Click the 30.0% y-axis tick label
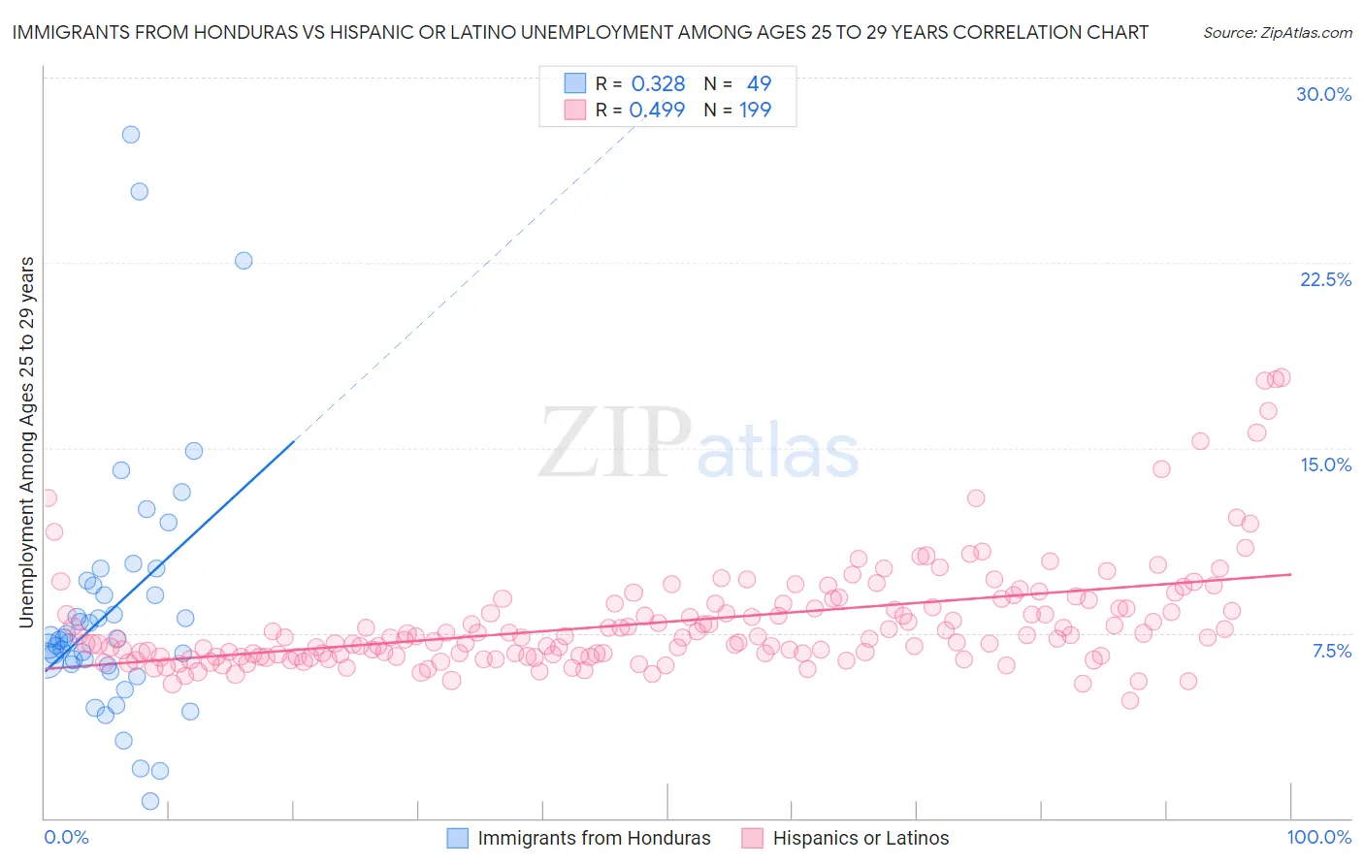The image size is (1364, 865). click(1323, 95)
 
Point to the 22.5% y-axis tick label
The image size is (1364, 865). click(1325, 280)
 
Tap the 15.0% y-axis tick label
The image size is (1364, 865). click(1325, 465)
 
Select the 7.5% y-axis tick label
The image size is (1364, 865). click(1331, 651)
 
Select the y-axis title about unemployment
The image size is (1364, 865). click(26, 442)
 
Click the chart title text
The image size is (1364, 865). click(580, 32)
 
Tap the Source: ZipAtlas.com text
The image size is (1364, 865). click(1277, 33)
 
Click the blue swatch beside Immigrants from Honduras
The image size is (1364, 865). click(458, 839)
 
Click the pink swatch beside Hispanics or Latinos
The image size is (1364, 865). click(753, 839)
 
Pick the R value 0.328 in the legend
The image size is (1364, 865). click(658, 84)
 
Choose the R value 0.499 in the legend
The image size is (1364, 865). click(657, 111)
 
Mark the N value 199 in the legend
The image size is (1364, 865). click(755, 111)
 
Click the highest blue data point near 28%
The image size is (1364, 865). click(131, 135)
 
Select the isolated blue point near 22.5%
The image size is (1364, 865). click(244, 261)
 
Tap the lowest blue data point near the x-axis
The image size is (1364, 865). click(150, 801)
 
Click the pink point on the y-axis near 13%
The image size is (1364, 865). click(48, 498)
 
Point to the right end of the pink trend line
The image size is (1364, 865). click(1290, 574)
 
